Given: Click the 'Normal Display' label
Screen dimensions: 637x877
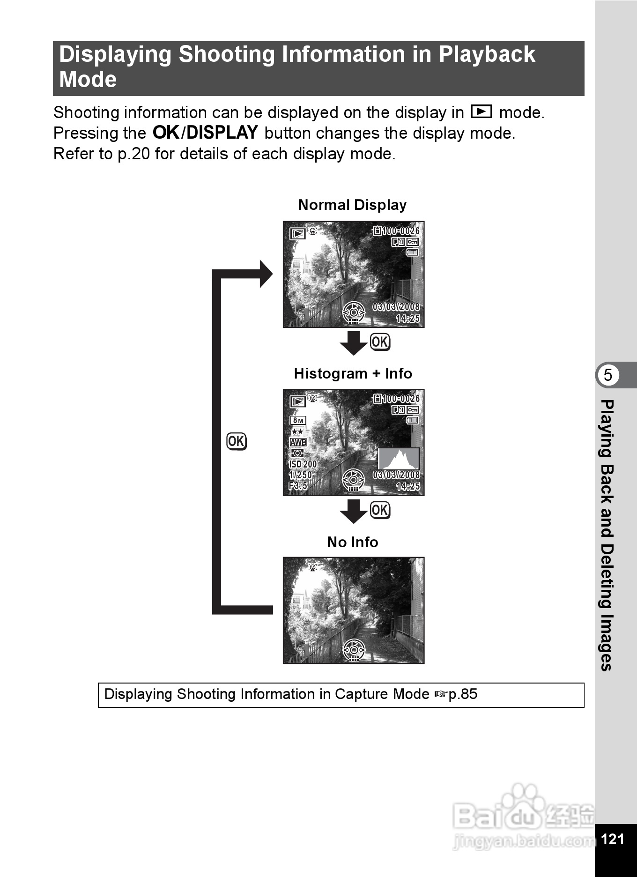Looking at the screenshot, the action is [352, 205].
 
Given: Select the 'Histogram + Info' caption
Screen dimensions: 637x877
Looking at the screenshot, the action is [353, 373].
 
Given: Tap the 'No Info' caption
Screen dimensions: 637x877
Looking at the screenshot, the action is [352, 542].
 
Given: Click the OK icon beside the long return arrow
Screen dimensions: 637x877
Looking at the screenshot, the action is [237, 441].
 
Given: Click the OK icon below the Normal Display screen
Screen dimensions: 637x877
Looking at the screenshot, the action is [380, 342].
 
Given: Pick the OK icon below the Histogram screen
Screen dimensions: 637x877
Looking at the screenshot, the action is [380, 510].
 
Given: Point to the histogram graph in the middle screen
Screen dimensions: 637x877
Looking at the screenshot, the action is [399, 459].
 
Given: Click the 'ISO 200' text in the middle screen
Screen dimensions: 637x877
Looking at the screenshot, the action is [303, 464].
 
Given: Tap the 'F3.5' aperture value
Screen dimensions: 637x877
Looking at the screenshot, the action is [298, 486].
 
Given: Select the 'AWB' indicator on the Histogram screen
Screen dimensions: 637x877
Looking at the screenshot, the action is [298, 442].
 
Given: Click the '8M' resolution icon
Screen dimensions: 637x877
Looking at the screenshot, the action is [298, 420].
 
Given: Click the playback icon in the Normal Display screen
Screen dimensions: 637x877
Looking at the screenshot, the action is [297, 233].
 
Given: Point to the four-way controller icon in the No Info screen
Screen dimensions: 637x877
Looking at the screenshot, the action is [354, 650].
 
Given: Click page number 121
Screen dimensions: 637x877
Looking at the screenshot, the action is [612, 839].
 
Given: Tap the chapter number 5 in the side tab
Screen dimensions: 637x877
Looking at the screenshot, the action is [608, 375].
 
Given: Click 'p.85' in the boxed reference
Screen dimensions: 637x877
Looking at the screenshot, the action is [463, 694].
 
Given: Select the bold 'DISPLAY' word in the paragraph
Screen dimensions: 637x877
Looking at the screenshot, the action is [222, 133].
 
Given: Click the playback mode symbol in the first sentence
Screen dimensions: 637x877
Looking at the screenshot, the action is [481, 112].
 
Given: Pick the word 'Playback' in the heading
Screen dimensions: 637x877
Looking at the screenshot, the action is [487, 54].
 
